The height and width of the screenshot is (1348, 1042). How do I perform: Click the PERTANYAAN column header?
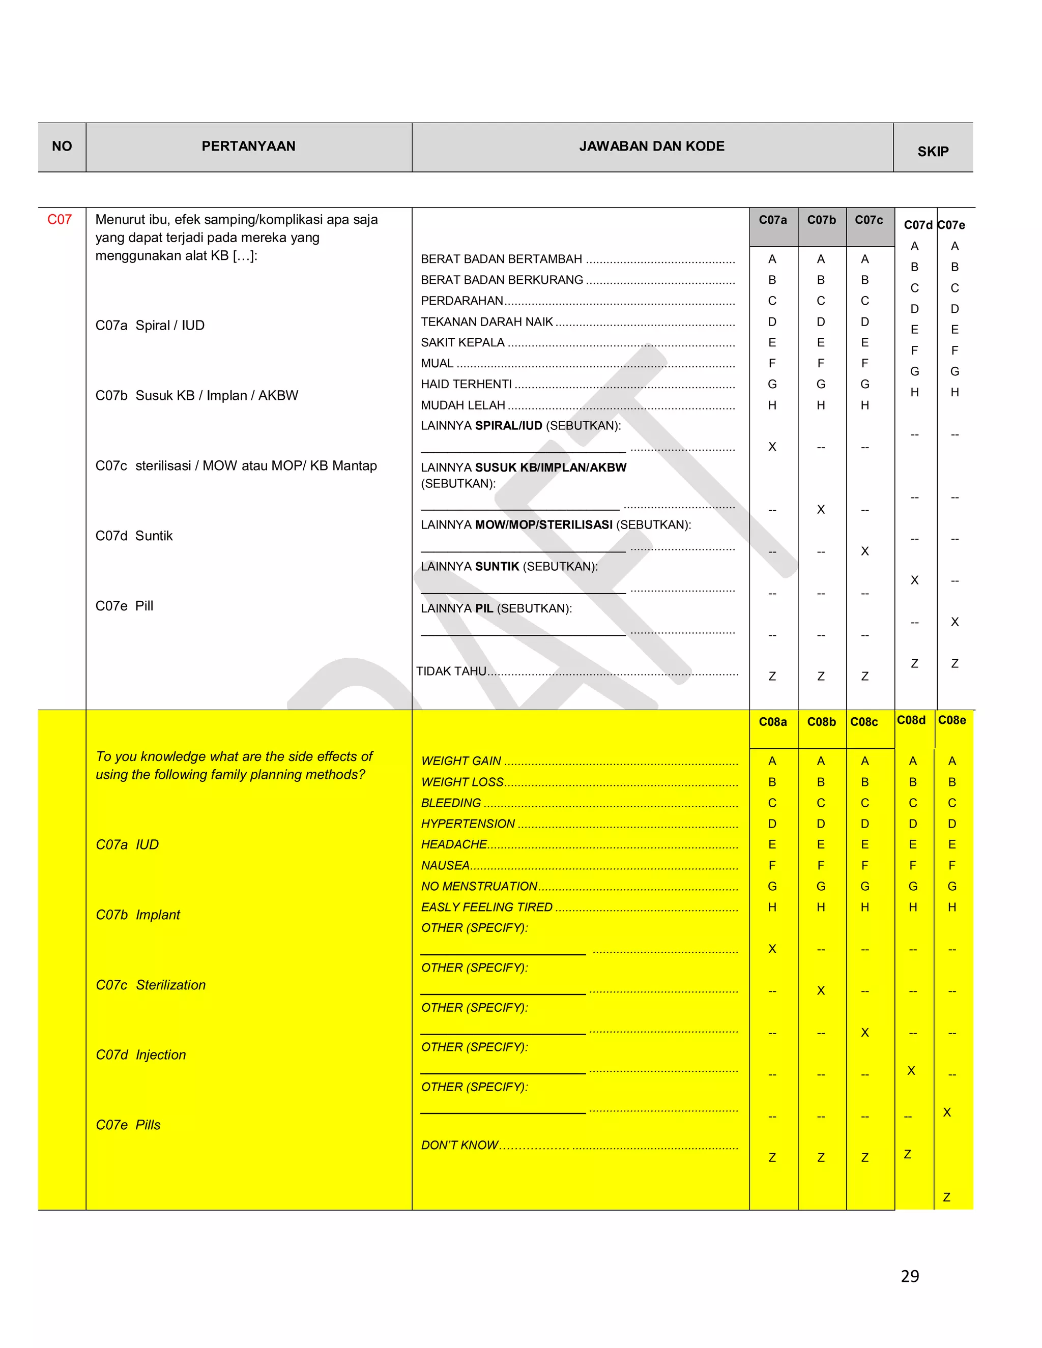[x=248, y=146]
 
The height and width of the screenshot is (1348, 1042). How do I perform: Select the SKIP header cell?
[x=932, y=151]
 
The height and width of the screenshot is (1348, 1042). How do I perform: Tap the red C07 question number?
[x=59, y=220]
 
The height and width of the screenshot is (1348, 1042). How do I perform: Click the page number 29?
[x=909, y=1276]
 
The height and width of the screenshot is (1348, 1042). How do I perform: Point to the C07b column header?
[x=821, y=220]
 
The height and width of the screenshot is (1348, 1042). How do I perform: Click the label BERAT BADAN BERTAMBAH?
[x=501, y=259]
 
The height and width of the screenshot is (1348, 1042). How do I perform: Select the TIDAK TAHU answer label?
[x=451, y=671]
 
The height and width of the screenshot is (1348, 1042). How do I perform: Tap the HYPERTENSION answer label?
[x=468, y=824]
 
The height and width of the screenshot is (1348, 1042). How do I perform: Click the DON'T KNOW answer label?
[x=459, y=1146]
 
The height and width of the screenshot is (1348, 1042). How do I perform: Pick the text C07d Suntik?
[x=134, y=536]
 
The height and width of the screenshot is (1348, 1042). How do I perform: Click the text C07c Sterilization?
[x=151, y=985]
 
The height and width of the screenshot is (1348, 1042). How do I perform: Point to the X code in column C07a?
[x=772, y=447]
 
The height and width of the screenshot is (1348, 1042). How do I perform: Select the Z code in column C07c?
[x=864, y=677]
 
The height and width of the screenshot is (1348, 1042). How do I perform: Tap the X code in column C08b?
[x=820, y=990]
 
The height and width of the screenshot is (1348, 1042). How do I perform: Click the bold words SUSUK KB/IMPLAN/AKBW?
[x=551, y=468]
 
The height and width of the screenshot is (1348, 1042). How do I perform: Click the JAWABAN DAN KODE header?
[x=651, y=146]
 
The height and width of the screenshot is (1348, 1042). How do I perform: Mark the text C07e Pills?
[x=128, y=1125]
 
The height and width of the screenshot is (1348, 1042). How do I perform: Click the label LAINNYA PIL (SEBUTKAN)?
[x=496, y=608]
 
